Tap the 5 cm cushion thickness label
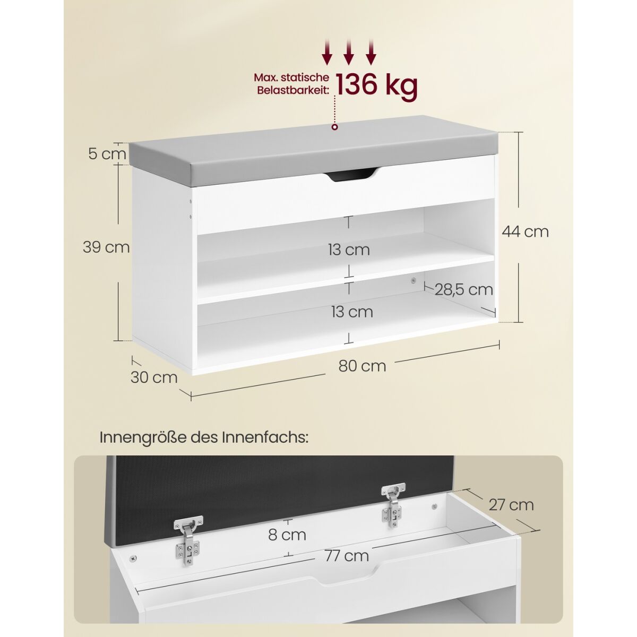click(107, 154)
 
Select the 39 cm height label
click(106, 247)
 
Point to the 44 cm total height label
click(526, 231)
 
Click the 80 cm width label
click(362, 366)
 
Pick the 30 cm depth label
click(154, 377)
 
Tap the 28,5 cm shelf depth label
click(463, 290)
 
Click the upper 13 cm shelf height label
click(349, 249)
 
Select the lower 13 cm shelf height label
click(352, 312)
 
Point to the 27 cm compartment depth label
click(511, 514)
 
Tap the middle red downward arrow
click(349, 51)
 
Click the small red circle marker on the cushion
click(334, 127)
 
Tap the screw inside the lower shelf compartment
click(412, 281)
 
